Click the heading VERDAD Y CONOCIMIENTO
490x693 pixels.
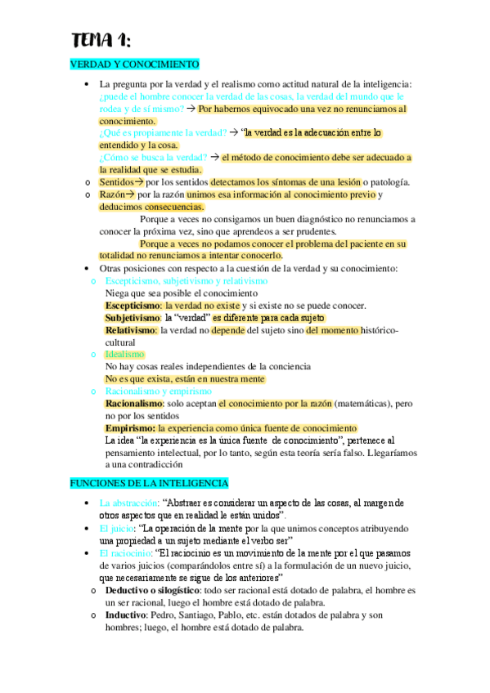134,65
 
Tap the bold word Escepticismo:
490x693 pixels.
133,306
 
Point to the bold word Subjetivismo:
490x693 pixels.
133,318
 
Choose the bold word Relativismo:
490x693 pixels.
131,330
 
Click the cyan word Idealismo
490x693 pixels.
125,355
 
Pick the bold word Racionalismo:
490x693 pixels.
134,404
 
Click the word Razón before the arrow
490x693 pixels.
112,194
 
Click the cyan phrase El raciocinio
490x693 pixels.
124,553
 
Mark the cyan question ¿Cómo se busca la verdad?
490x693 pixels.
152,158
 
